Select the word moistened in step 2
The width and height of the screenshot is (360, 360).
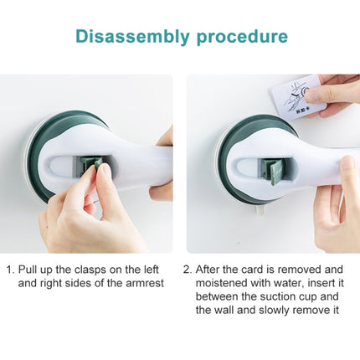(224, 284)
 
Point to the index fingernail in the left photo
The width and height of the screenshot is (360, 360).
(104, 172)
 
